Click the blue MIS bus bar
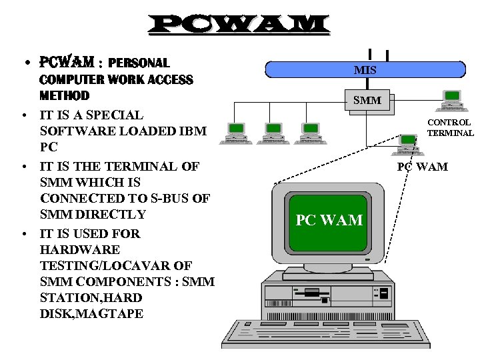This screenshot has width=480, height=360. coord(365,70)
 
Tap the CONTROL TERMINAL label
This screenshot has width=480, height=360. coord(449,127)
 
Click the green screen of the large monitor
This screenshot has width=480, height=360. coord(329,220)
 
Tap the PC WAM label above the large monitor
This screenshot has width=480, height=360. coord(423,166)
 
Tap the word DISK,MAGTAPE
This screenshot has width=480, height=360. coord(92,313)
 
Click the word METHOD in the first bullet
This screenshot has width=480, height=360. coord(65,95)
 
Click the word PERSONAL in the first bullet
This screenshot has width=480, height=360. coord(139,63)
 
